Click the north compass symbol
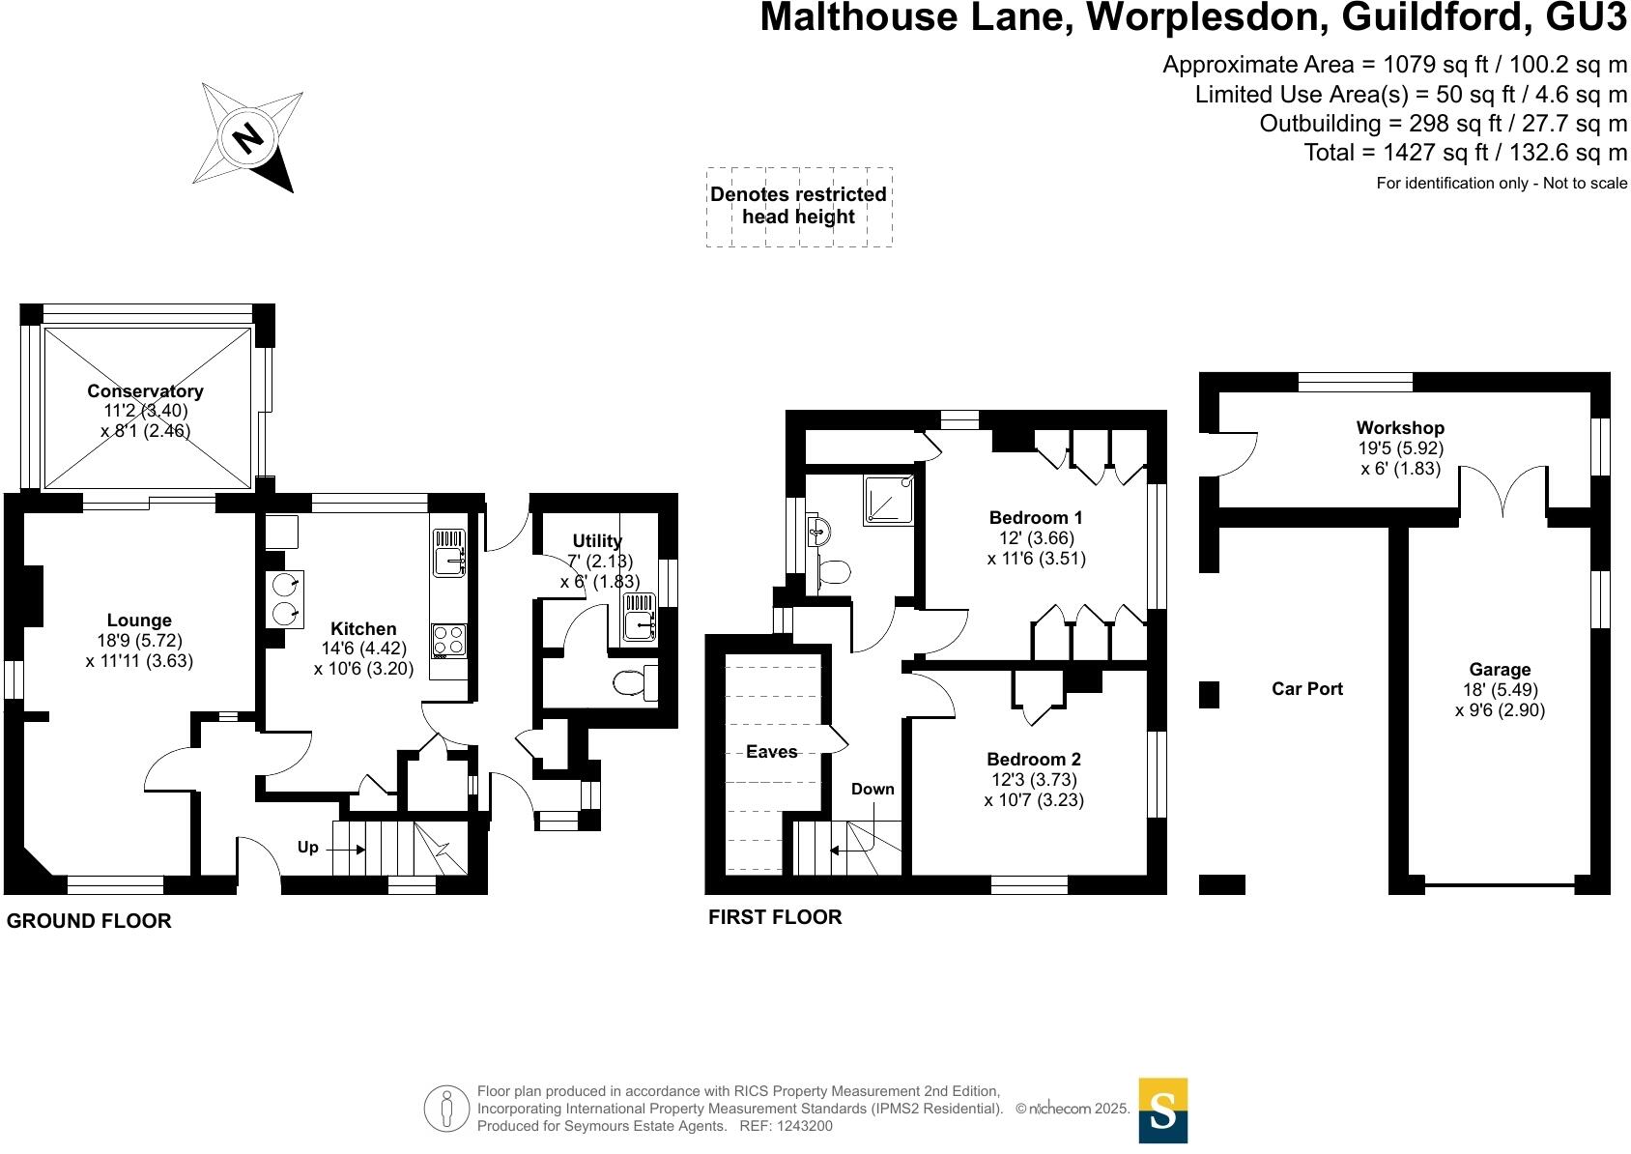tap(248, 138)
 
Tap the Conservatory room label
tap(145, 391)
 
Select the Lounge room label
tap(139, 620)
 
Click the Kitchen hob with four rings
tap(448, 640)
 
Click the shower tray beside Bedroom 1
tap(885, 498)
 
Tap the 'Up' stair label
tap(307, 848)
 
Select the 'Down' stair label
tap(873, 789)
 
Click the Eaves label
tap(772, 751)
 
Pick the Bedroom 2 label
tap(1034, 760)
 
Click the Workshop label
tap(1400, 427)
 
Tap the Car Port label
tap(1307, 689)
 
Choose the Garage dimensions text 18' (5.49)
tap(1500, 690)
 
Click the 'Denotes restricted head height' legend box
tap(799, 206)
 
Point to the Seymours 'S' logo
tap(1163, 1111)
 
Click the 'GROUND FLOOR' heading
tap(89, 921)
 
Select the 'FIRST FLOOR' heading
tap(775, 917)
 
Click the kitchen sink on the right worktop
tap(449, 552)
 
